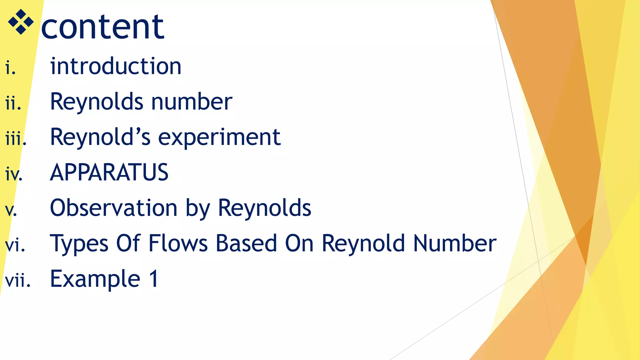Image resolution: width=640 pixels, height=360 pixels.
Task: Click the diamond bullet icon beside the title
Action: (x=21, y=22)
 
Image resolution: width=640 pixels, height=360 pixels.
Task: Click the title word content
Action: (x=102, y=27)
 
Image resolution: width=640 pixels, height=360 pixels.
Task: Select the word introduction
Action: (x=116, y=66)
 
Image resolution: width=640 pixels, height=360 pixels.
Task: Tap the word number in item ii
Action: (x=192, y=102)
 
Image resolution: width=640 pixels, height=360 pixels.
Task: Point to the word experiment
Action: (x=219, y=137)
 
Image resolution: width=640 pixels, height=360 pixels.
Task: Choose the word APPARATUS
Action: (x=109, y=172)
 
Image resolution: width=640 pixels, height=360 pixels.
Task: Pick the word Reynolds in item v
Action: (x=264, y=208)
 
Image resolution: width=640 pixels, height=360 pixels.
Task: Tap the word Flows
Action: (x=178, y=243)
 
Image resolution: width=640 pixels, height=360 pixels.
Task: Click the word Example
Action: (x=95, y=279)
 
